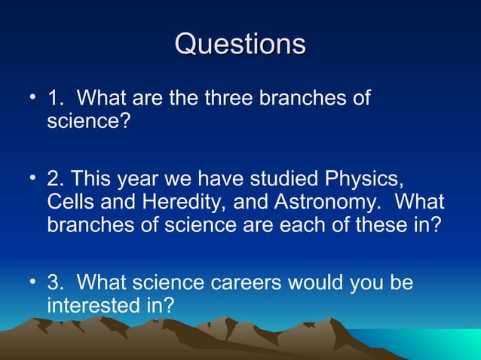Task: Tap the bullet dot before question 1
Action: (32, 98)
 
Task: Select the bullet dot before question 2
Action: (32, 179)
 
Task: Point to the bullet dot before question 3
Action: (32, 282)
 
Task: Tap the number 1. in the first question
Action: (55, 98)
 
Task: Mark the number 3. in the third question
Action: (55, 283)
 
